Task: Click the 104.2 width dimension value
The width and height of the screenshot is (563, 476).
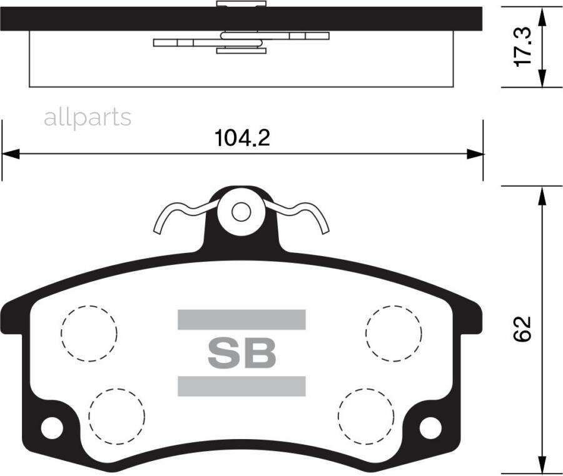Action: pyautogui.click(x=242, y=137)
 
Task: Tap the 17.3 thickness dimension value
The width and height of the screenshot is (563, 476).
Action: pyautogui.click(x=522, y=47)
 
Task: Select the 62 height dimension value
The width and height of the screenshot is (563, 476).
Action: pyautogui.click(x=522, y=329)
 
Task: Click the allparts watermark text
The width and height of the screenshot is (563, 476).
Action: pyautogui.click(x=88, y=117)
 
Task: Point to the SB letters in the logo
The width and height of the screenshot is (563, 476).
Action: pyautogui.click(x=241, y=354)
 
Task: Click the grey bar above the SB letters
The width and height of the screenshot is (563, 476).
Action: pyautogui.click(x=241, y=320)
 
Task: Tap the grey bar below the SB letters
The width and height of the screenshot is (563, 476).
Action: pyautogui.click(x=241, y=386)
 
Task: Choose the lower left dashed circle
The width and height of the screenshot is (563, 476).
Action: pyautogui.click(x=116, y=414)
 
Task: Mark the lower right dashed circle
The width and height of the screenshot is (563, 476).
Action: pyautogui.click(x=366, y=414)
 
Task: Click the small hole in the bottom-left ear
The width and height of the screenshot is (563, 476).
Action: pyautogui.click(x=53, y=428)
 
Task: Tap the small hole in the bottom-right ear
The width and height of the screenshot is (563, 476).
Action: pyautogui.click(x=430, y=428)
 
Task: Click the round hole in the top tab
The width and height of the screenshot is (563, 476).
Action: pyautogui.click(x=241, y=212)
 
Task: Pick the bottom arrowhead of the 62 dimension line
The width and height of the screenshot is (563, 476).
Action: pyautogui.click(x=542, y=470)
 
